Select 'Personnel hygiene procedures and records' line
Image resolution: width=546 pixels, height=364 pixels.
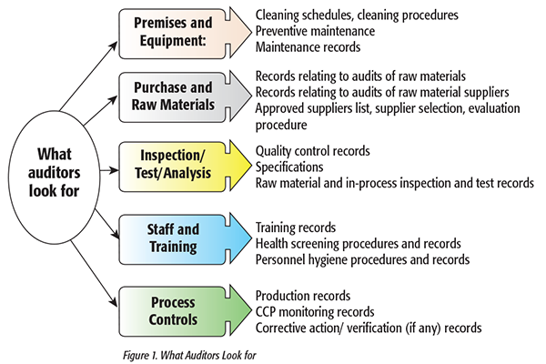(362, 259)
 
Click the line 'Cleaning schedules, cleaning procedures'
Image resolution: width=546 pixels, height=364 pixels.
(357, 15)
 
